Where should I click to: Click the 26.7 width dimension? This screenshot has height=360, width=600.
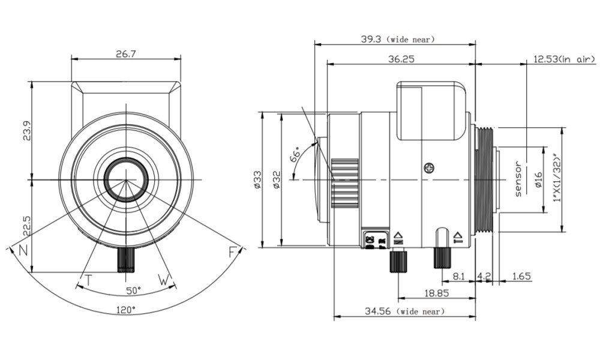(126, 54)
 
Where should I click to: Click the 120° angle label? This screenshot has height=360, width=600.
(126, 310)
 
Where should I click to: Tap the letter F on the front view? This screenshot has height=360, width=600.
(232, 252)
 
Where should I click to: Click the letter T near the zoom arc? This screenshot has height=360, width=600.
(88, 280)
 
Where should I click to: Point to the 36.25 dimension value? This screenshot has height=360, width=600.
(401, 59)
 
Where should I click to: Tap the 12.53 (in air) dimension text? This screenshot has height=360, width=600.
(563, 59)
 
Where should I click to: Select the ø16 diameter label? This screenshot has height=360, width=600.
(538, 180)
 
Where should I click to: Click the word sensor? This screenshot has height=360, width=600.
(519, 179)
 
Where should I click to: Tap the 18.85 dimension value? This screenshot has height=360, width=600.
(436, 293)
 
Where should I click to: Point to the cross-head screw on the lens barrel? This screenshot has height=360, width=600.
(428, 169)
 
